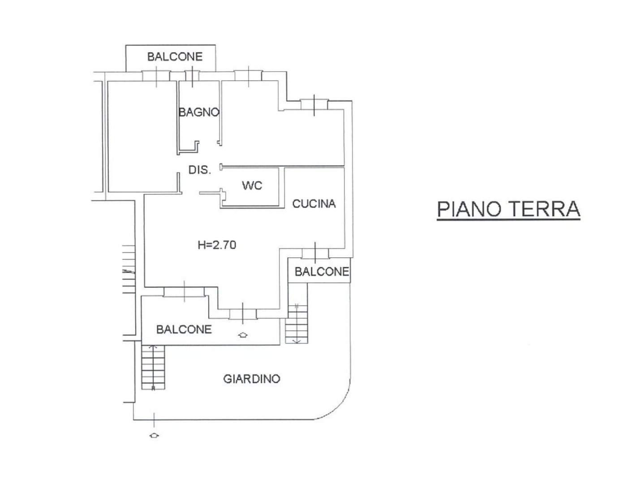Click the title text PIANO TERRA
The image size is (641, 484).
[508, 209]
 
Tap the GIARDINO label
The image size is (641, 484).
[251, 379]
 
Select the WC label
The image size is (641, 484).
[252, 185]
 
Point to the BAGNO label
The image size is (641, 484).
[198, 112]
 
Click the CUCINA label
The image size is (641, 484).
[314, 204]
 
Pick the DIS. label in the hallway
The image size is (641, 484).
[199, 170]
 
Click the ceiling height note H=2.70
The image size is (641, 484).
[217, 245]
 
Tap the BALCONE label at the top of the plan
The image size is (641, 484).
[175, 57]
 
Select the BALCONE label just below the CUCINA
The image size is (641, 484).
[321, 272]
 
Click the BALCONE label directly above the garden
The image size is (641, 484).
[184, 329]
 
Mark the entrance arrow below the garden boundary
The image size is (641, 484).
[154, 435]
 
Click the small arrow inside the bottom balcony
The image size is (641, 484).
[243, 334]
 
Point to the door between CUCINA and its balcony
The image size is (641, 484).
[315, 253]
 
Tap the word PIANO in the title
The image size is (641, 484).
[468, 209]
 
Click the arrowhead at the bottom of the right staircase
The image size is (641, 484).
[296, 341]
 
